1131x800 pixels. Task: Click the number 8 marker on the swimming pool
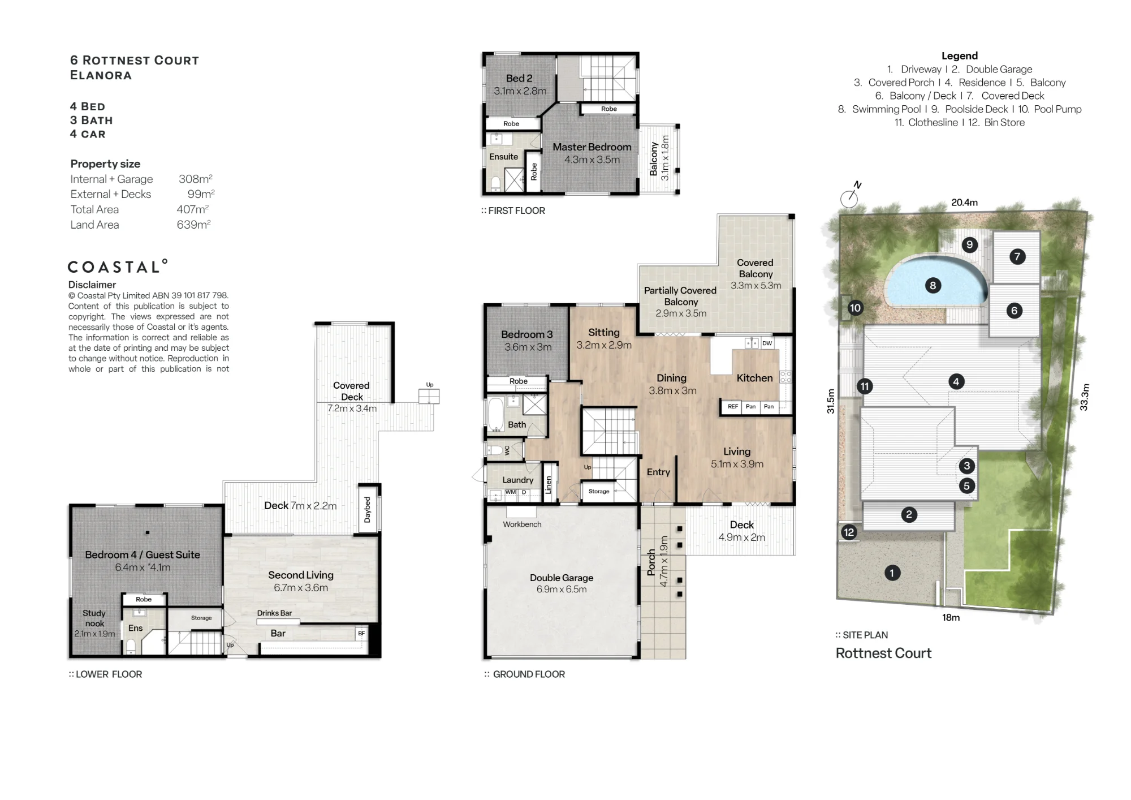tap(933, 286)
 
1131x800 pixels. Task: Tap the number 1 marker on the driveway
tap(892, 573)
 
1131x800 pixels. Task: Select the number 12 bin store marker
tap(849, 532)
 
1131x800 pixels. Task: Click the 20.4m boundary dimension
tap(964, 203)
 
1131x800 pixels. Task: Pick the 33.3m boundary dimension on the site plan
tap(1084, 397)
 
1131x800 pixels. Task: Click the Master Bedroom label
tap(592, 147)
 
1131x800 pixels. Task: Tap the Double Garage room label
tap(562, 578)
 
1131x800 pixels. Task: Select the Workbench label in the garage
tap(522, 524)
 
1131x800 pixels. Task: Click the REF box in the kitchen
tap(733, 406)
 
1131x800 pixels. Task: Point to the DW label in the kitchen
tap(767, 343)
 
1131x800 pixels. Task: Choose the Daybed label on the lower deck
tap(368, 509)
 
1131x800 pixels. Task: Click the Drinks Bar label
tap(274, 613)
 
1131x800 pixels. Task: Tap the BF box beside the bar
tap(361, 633)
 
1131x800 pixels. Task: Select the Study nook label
tap(94, 618)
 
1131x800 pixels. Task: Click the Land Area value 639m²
tap(193, 225)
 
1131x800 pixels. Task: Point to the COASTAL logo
tap(118, 266)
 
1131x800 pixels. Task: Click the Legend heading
tap(960, 56)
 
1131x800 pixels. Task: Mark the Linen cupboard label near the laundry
tap(548, 485)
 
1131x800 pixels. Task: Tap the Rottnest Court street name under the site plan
tap(883, 653)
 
